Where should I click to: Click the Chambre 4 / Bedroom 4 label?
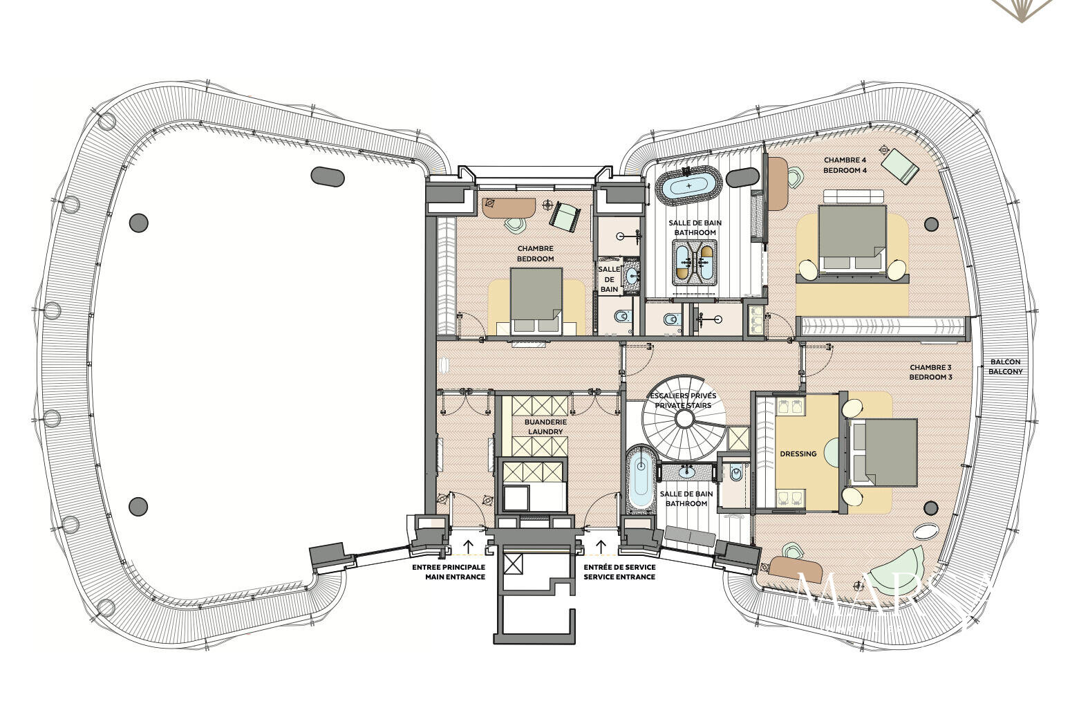tap(845, 165)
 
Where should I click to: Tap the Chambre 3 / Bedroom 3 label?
tap(930, 372)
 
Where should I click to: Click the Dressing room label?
tap(798, 454)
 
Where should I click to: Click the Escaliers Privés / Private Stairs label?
tap(684, 400)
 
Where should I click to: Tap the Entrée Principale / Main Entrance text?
tap(449, 572)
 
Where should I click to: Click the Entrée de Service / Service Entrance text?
tap(619, 572)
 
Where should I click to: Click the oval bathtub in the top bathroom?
tap(688, 186)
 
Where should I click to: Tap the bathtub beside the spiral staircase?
tap(639, 481)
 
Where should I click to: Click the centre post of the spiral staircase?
tap(684, 419)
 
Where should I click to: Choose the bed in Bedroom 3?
tap(885, 453)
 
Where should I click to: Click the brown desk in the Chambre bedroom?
tap(508, 207)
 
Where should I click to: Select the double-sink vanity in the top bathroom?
tap(695, 262)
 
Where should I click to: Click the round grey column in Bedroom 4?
tap(931, 224)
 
